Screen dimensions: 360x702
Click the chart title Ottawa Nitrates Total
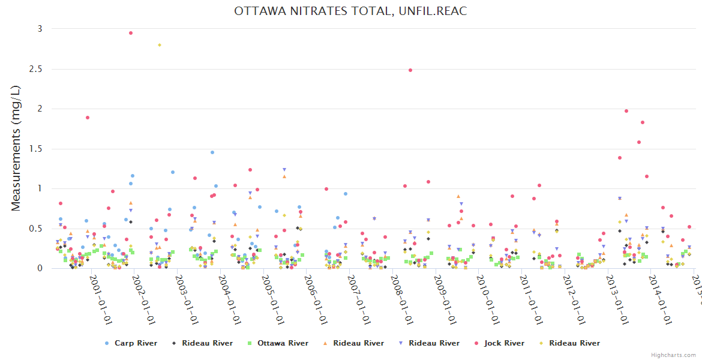coord(350,11)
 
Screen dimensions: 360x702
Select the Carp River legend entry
coord(136,343)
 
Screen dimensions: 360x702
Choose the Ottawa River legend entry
coord(283,343)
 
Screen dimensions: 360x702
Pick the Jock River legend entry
coord(504,343)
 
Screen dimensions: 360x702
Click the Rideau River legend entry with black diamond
coord(207,343)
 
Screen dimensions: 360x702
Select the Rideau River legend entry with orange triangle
coord(358,343)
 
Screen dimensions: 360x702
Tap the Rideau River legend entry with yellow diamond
coord(574,343)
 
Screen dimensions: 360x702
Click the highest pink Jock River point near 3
coord(131,33)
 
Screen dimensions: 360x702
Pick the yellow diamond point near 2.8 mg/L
coord(160,45)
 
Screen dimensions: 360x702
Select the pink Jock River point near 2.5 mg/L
coord(410,70)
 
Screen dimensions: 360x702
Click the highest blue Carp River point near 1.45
coord(212,152)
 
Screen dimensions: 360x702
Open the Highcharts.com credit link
coord(674,355)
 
